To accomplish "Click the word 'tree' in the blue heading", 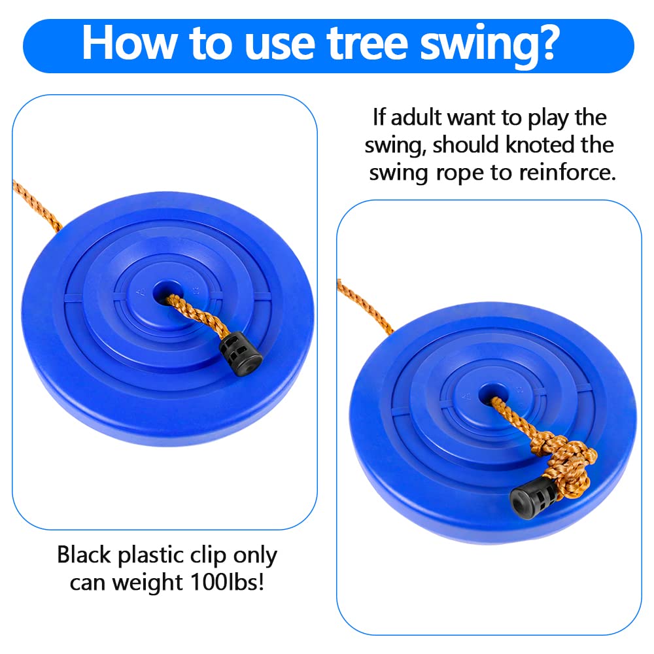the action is pyautogui.click(x=367, y=43).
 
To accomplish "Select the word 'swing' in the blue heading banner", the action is pyautogui.click(x=475, y=46).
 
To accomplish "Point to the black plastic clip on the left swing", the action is pyautogui.click(x=240, y=354).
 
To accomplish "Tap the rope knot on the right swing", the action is pyautogui.click(x=566, y=463).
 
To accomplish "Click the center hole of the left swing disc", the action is pyautogui.click(x=166, y=292).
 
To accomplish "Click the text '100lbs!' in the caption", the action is pyautogui.click(x=226, y=581).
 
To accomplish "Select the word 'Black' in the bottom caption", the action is pyautogui.click(x=84, y=555).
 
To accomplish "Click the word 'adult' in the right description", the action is pyautogui.click(x=416, y=117).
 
